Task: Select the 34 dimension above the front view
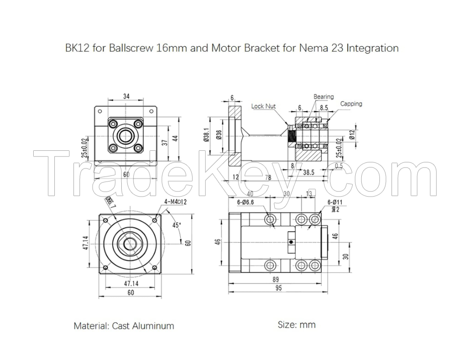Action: click(127, 96)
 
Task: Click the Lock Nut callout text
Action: click(264, 106)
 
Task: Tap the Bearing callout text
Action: click(324, 97)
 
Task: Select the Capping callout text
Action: click(351, 104)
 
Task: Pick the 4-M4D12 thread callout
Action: click(172, 202)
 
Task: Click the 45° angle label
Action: click(177, 225)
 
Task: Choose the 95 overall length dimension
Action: click(278, 288)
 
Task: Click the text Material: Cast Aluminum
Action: click(124, 326)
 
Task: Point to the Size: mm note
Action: click(297, 325)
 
